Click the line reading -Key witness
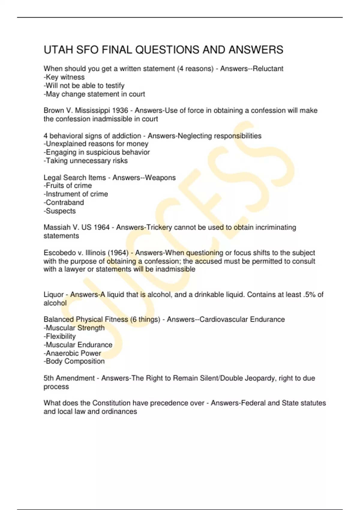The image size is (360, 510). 64,77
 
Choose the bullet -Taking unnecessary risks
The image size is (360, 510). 86,161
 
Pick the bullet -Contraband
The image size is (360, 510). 64,202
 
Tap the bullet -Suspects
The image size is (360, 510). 60,211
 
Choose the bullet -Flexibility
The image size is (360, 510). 60,336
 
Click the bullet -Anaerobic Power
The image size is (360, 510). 72,353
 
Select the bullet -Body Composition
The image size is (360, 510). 74,361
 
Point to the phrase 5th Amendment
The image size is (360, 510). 69,378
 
